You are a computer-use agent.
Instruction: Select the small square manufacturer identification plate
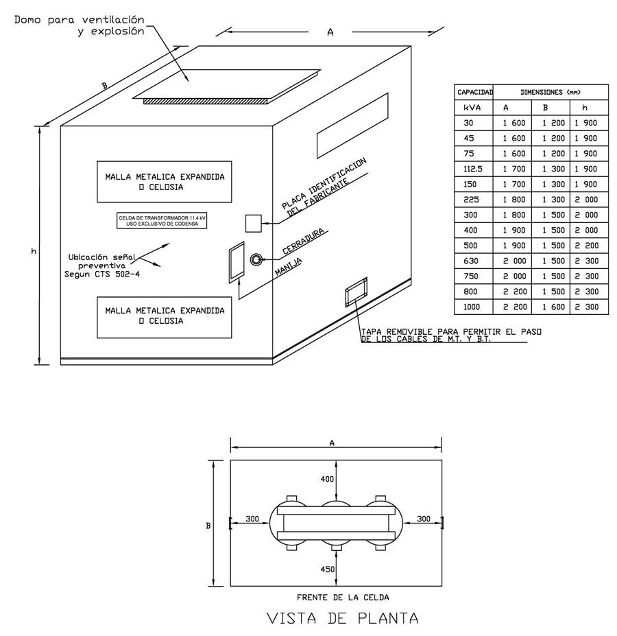tap(254, 223)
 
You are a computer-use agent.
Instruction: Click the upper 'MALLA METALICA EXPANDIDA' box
tap(165, 181)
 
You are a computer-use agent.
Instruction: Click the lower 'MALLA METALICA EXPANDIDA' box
tap(165, 316)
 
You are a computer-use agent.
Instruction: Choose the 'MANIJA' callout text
tap(289, 264)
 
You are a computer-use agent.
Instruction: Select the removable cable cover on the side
tap(356, 292)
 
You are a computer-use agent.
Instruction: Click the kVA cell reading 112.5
tap(473, 169)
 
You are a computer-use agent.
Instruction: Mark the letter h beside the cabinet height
tap(33, 252)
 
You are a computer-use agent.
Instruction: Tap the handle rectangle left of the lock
tap(237, 261)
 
